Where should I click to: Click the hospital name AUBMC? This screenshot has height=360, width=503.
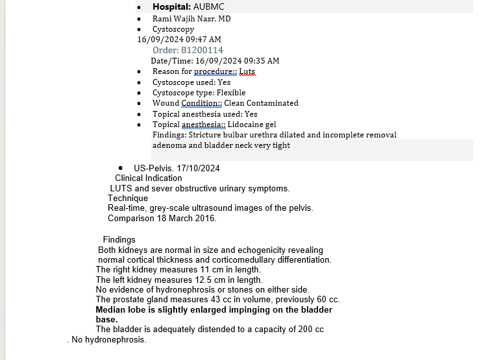[x=210, y=7]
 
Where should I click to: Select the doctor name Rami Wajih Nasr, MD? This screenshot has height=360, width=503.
[x=191, y=19]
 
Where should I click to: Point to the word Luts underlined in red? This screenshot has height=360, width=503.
[x=247, y=71]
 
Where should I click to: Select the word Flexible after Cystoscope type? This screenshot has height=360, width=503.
[x=231, y=93]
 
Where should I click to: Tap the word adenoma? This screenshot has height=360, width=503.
[x=168, y=145]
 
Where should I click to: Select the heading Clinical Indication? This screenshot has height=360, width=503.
[x=149, y=178]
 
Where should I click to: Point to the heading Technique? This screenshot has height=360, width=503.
[x=128, y=198]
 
